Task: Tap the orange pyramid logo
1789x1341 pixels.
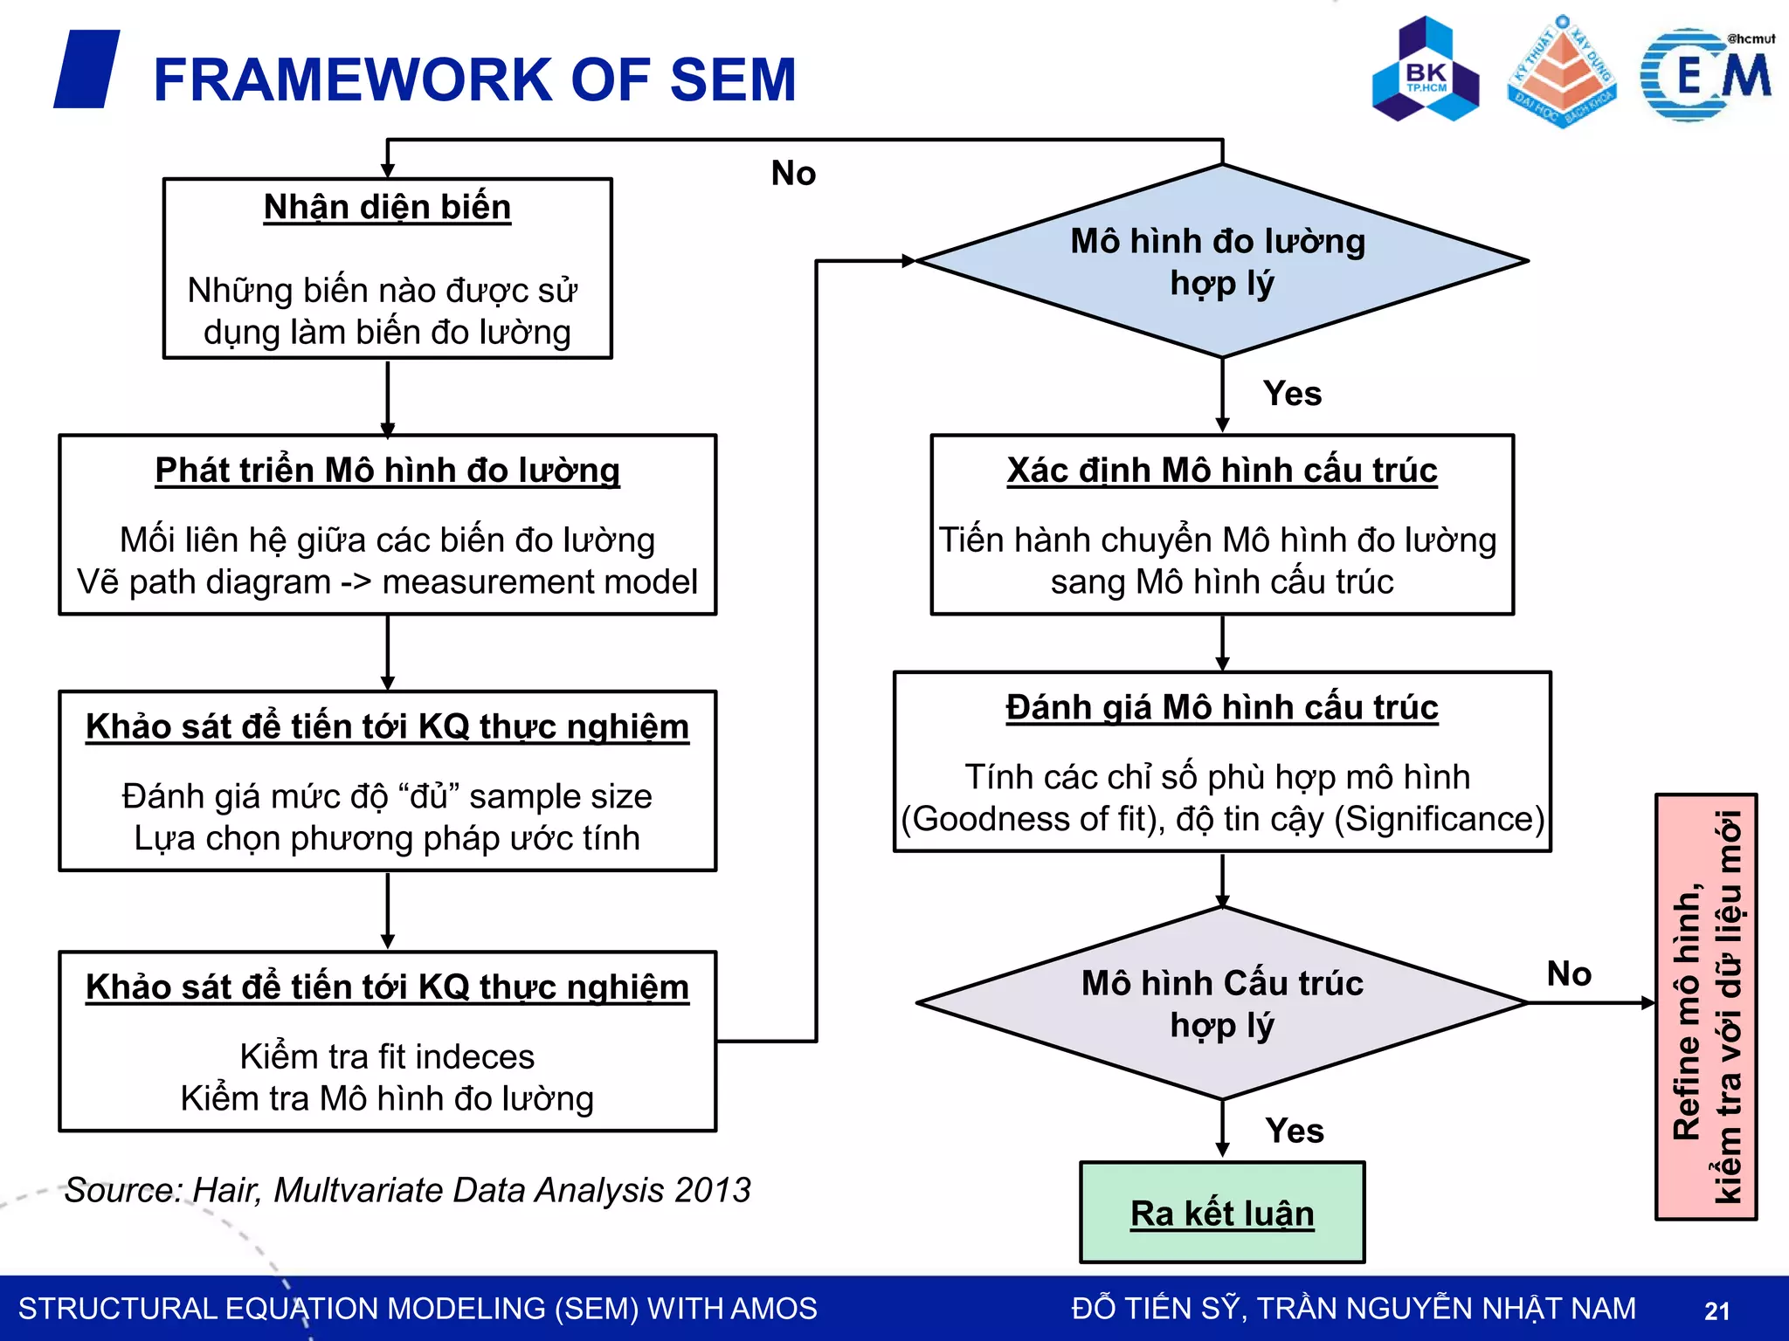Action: click(x=1562, y=72)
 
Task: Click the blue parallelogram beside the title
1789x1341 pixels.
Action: click(x=86, y=69)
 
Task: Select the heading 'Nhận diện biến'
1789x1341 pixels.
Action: click(x=387, y=207)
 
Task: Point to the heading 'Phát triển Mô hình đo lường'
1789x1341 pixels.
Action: click(x=387, y=470)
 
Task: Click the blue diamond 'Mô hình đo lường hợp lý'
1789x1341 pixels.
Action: click(x=1221, y=261)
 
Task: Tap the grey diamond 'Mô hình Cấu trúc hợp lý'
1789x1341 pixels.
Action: click(x=1221, y=1003)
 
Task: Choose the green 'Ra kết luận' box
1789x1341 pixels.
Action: click(x=1221, y=1213)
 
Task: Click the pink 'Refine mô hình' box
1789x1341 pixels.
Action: click(x=1705, y=1006)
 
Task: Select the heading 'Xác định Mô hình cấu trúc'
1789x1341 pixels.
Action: click(x=1221, y=470)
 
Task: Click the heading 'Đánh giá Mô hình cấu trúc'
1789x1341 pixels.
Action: click(x=1221, y=707)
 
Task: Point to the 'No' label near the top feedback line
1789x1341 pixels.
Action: click(x=793, y=173)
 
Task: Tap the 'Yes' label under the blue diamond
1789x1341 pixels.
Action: click(x=1292, y=394)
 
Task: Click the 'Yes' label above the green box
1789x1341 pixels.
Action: click(x=1294, y=1131)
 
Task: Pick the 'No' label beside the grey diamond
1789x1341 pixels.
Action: click(x=1569, y=973)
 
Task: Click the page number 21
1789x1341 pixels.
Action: click(x=1716, y=1310)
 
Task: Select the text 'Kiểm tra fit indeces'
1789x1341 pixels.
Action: click(x=387, y=1056)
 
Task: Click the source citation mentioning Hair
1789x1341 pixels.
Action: click(x=407, y=1190)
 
